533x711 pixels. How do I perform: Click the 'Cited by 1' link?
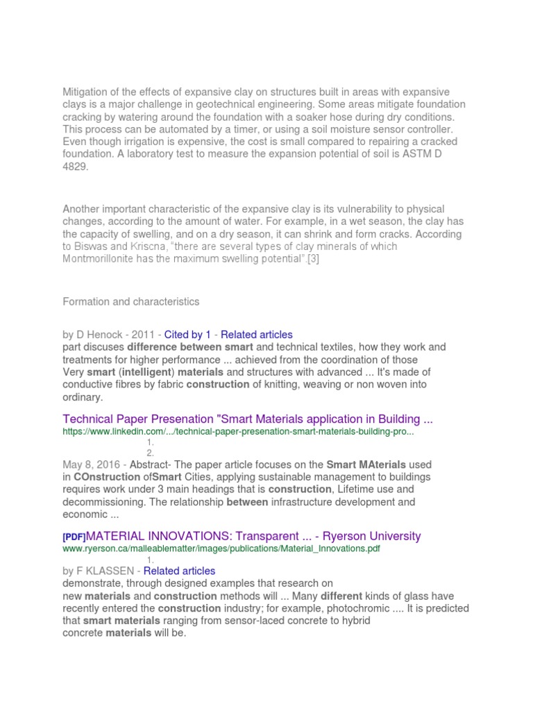tap(187, 334)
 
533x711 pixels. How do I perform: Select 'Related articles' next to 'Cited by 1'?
tap(257, 334)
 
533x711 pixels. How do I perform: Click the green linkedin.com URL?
tap(238, 431)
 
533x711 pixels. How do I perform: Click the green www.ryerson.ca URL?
tap(221, 549)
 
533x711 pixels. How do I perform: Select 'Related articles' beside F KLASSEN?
tap(179, 571)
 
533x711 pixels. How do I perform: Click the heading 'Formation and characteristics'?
tap(131, 301)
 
